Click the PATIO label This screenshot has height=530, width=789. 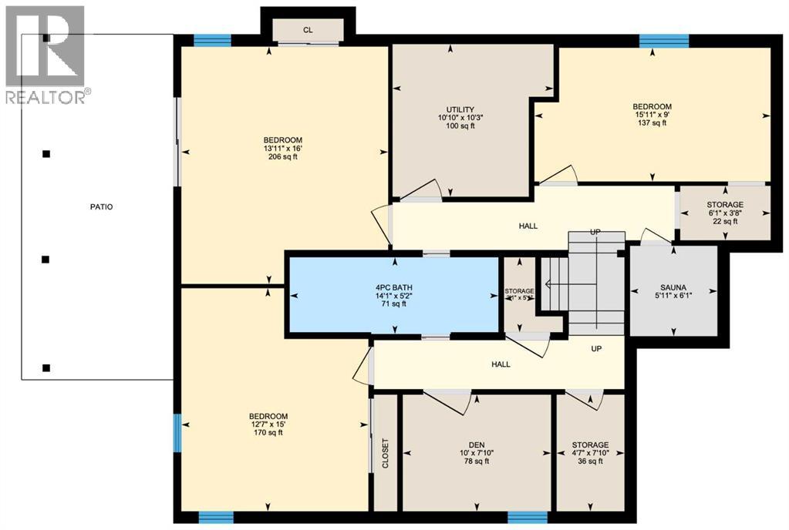(99, 206)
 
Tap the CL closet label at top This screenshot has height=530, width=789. (308, 30)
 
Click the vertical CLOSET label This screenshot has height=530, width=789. (386, 454)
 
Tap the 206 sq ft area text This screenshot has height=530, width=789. (281, 156)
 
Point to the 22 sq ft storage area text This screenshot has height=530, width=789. (724, 221)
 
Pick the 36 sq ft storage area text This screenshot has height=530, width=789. (590, 461)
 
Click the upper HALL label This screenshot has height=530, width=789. (528, 226)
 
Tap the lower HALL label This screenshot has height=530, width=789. (501, 364)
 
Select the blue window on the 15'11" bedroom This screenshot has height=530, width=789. (663, 39)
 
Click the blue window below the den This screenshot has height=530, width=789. (528, 517)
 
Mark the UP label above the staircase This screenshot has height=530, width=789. (595, 233)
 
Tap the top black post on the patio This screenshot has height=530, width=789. (46, 38)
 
